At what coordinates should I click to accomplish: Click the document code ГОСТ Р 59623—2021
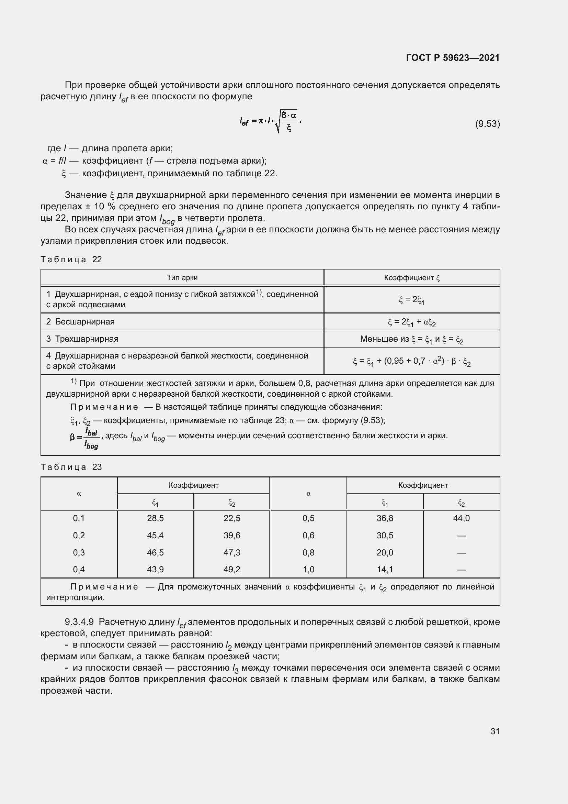coord(453,58)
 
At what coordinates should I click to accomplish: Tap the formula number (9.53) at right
coord(487,124)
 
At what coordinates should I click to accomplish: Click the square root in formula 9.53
coord(286,121)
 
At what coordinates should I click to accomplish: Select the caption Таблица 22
coord(71,260)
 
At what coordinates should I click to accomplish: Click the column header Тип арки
coord(182,278)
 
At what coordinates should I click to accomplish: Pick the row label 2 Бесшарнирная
coord(80,321)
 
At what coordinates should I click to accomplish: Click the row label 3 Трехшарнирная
coord(82,339)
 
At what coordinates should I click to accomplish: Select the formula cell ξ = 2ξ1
coord(411,300)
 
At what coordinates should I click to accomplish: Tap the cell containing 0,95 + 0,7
coord(411,361)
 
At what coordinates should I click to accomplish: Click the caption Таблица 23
coord(71,467)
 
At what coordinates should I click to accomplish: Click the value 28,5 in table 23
coord(155,518)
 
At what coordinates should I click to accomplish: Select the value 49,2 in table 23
coord(232,569)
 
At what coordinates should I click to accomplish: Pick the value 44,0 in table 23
coord(461,518)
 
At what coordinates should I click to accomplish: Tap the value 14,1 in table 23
coord(385,569)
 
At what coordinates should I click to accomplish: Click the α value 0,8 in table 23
coord(308,553)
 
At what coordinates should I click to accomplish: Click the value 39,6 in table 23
coord(232,536)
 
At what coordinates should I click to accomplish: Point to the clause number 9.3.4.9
coord(79,622)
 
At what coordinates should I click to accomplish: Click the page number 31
coord(495,731)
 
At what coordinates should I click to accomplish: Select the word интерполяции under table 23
coord(75,597)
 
